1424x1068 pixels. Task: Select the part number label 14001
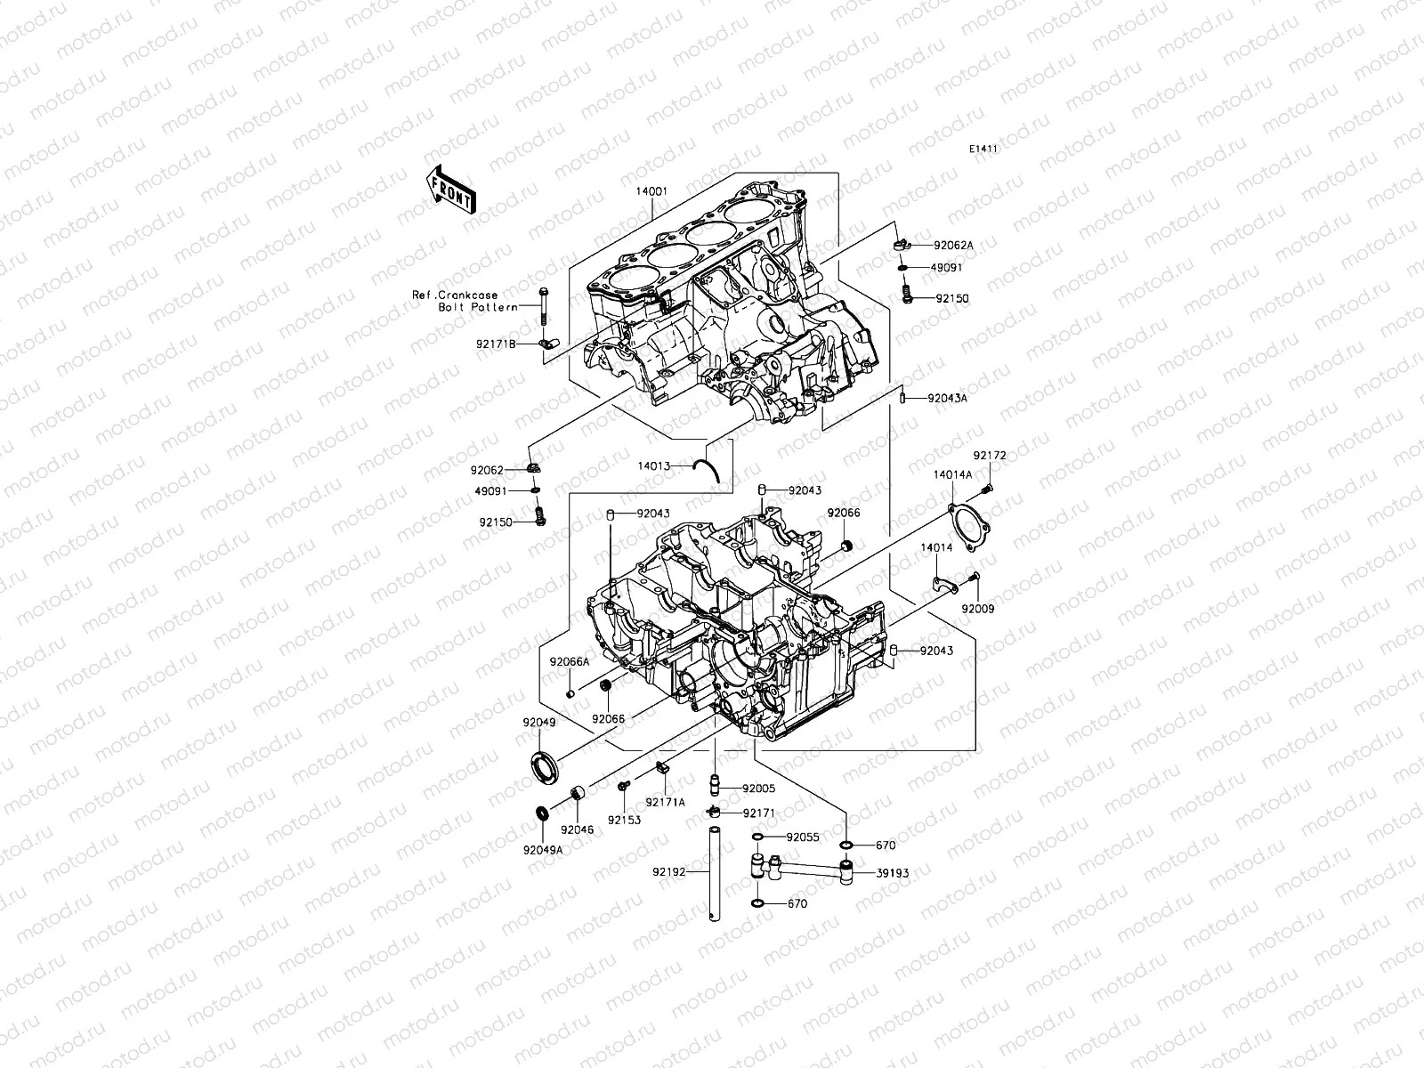point(652,190)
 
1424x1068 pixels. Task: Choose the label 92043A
point(947,399)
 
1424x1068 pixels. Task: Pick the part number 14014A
point(952,474)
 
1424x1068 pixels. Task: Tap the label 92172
point(989,456)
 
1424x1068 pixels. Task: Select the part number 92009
point(977,609)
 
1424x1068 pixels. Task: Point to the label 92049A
point(543,849)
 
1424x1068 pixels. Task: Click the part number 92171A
point(666,802)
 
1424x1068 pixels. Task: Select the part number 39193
point(892,873)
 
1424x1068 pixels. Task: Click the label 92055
point(803,837)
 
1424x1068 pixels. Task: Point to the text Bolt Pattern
point(477,307)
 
